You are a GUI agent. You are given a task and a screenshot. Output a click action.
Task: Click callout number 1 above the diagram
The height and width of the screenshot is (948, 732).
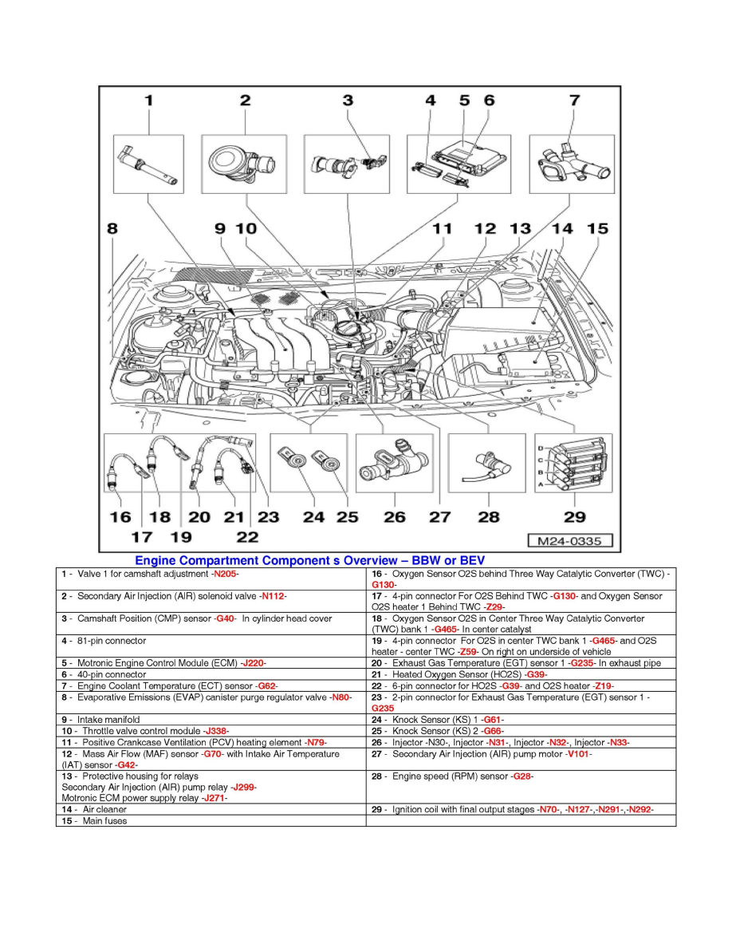(x=148, y=101)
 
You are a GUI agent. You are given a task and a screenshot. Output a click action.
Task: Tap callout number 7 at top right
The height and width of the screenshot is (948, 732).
(x=573, y=101)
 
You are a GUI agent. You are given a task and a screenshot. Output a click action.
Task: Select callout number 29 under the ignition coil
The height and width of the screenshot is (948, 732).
(x=574, y=517)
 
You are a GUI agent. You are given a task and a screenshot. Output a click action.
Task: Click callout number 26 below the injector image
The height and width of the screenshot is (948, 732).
(x=394, y=517)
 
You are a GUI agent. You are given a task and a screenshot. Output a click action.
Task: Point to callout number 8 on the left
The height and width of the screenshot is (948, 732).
(x=112, y=229)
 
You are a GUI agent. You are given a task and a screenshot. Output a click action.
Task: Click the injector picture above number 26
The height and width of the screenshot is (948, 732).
(x=394, y=464)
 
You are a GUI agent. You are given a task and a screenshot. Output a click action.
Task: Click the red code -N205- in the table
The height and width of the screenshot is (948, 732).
(x=226, y=574)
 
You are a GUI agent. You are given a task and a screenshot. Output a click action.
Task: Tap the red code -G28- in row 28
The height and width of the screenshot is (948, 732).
(x=521, y=776)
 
